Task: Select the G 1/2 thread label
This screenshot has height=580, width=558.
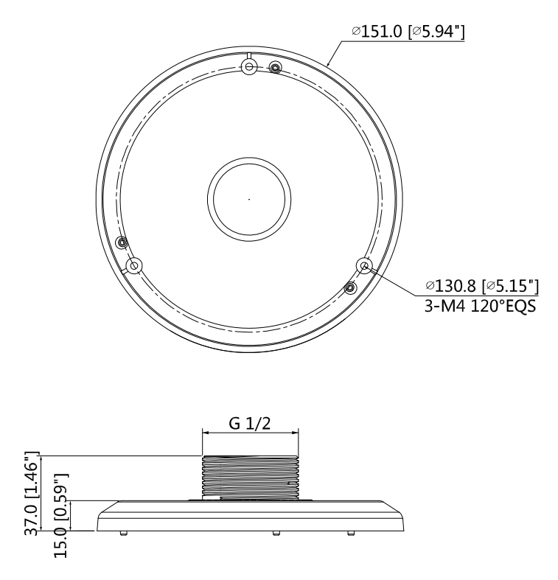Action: [250, 424]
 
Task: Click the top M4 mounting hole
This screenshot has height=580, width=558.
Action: [250, 68]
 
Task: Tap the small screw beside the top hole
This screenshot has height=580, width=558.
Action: [275, 68]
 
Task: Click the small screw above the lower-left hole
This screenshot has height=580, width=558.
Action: [122, 242]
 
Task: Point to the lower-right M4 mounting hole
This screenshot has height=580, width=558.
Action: [363, 265]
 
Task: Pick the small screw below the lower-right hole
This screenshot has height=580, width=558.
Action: [352, 286]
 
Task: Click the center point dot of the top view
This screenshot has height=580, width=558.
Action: [249, 199]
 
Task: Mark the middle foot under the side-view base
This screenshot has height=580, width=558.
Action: [275, 533]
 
